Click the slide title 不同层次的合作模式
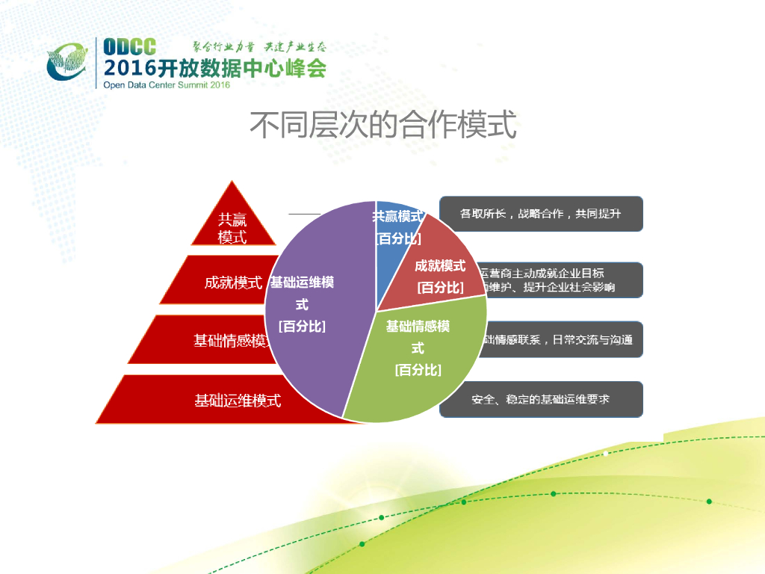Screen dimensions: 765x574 tap(382, 126)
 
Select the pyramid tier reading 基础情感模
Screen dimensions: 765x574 tap(224, 341)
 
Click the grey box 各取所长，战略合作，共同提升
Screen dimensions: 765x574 tap(541, 214)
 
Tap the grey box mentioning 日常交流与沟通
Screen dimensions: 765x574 tap(560, 340)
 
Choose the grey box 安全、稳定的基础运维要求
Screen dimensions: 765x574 tap(541, 399)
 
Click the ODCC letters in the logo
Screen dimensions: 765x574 tap(130, 46)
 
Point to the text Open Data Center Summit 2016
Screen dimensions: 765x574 tap(166, 84)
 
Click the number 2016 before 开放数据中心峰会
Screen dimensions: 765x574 tap(128, 68)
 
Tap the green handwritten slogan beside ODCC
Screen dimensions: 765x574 tap(258, 47)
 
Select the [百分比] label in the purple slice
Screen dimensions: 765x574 tap(302, 326)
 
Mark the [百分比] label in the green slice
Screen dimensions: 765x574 tap(418, 370)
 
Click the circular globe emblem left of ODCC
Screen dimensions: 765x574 tap(69, 61)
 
